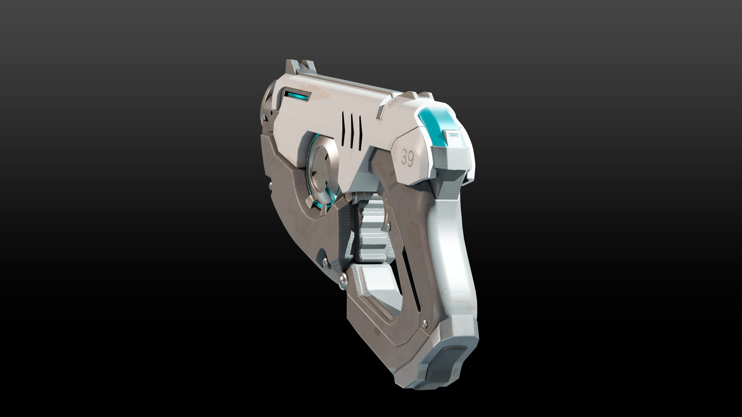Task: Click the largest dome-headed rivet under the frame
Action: click(x=342, y=279)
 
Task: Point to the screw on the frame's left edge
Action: click(x=269, y=187)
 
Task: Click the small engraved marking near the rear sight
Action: click(x=391, y=103)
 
